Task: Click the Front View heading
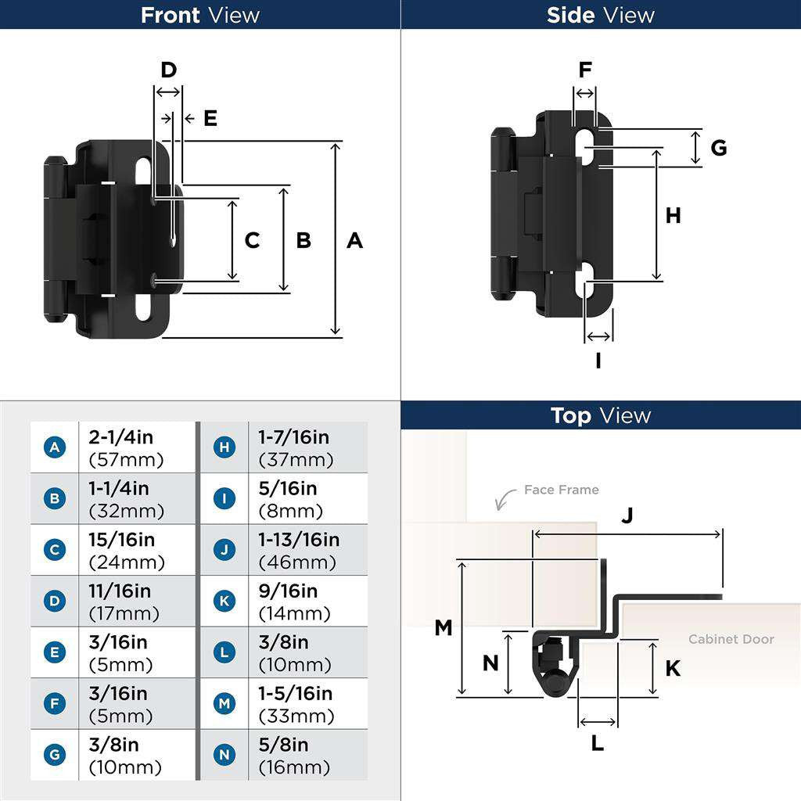pyautogui.click(x=200, y=15)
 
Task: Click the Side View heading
pyautogui.click(x=600, y=15)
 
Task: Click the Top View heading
pyautogui.click(x=600, y=415)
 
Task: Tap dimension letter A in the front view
pyautogui.click(x=354, y=240)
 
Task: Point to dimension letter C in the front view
pyautogui.click(x=252, y=240)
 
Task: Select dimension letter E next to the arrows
pyautogui.click(x=210, y=118)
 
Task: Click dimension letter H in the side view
pyautogui.click(x=673, y=215)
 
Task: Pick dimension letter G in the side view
pyautogui.click(x=718, y=147)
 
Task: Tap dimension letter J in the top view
pyautogui.click(x=627, y=515)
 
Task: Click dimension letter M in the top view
pyautogui.click(x=444, y=627)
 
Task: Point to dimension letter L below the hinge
pyautogui.click(x=597, y=743)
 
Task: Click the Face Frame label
pyautogui.click(x=561, y=490)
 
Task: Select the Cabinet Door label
pyautogui.click(x=731, y=639)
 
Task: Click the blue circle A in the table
pyautogui.click(x=54, y=447)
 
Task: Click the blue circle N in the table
pyautogui.click(x=224, y=755)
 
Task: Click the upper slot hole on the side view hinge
pyautogui.click(x=586, y=146)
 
